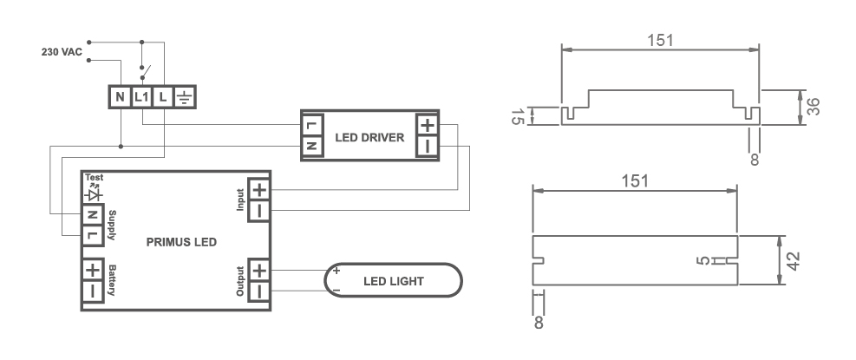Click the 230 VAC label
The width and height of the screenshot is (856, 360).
pyautogui.click(x=62, y=52)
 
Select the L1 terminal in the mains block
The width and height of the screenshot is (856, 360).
pyautogui.click(x=141, y=96)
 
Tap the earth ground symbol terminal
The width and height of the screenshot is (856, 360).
pyautogui.click(x=185, y=96)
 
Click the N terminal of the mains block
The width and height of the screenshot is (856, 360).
pyautogui.click(x=120, y=96)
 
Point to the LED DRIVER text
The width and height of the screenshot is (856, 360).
pyautogui.click(x=369, y=136)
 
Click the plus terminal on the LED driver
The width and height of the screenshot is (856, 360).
pyautogui.click(x=428, y=125)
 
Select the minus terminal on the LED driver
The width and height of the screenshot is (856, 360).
pyautogui.click(x=428, y=146)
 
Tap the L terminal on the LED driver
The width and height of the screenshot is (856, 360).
pyautogui.click(x=312, y=125)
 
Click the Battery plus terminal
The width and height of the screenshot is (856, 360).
pyautogui.click(x=93, y=271)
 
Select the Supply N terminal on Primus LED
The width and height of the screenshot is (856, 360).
pyautogui.click(x=92, y=214)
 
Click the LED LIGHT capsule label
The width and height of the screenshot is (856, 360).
pyautogui.click(x=393, y=281)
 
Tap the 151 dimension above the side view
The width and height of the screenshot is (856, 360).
pyautogui.click(x=661, y=40)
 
